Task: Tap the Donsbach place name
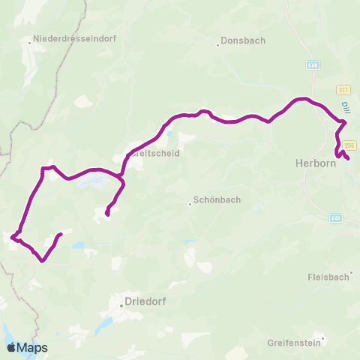tap(243, 41)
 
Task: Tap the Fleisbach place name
tap(329, 277)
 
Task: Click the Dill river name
tap(344, 109)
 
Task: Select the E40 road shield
tap(312, 65)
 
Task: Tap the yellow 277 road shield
tap(343, 89)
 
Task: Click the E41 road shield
tap(335, 219)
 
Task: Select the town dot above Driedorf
tap(121, 306)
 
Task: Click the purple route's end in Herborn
tap(348, 158)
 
